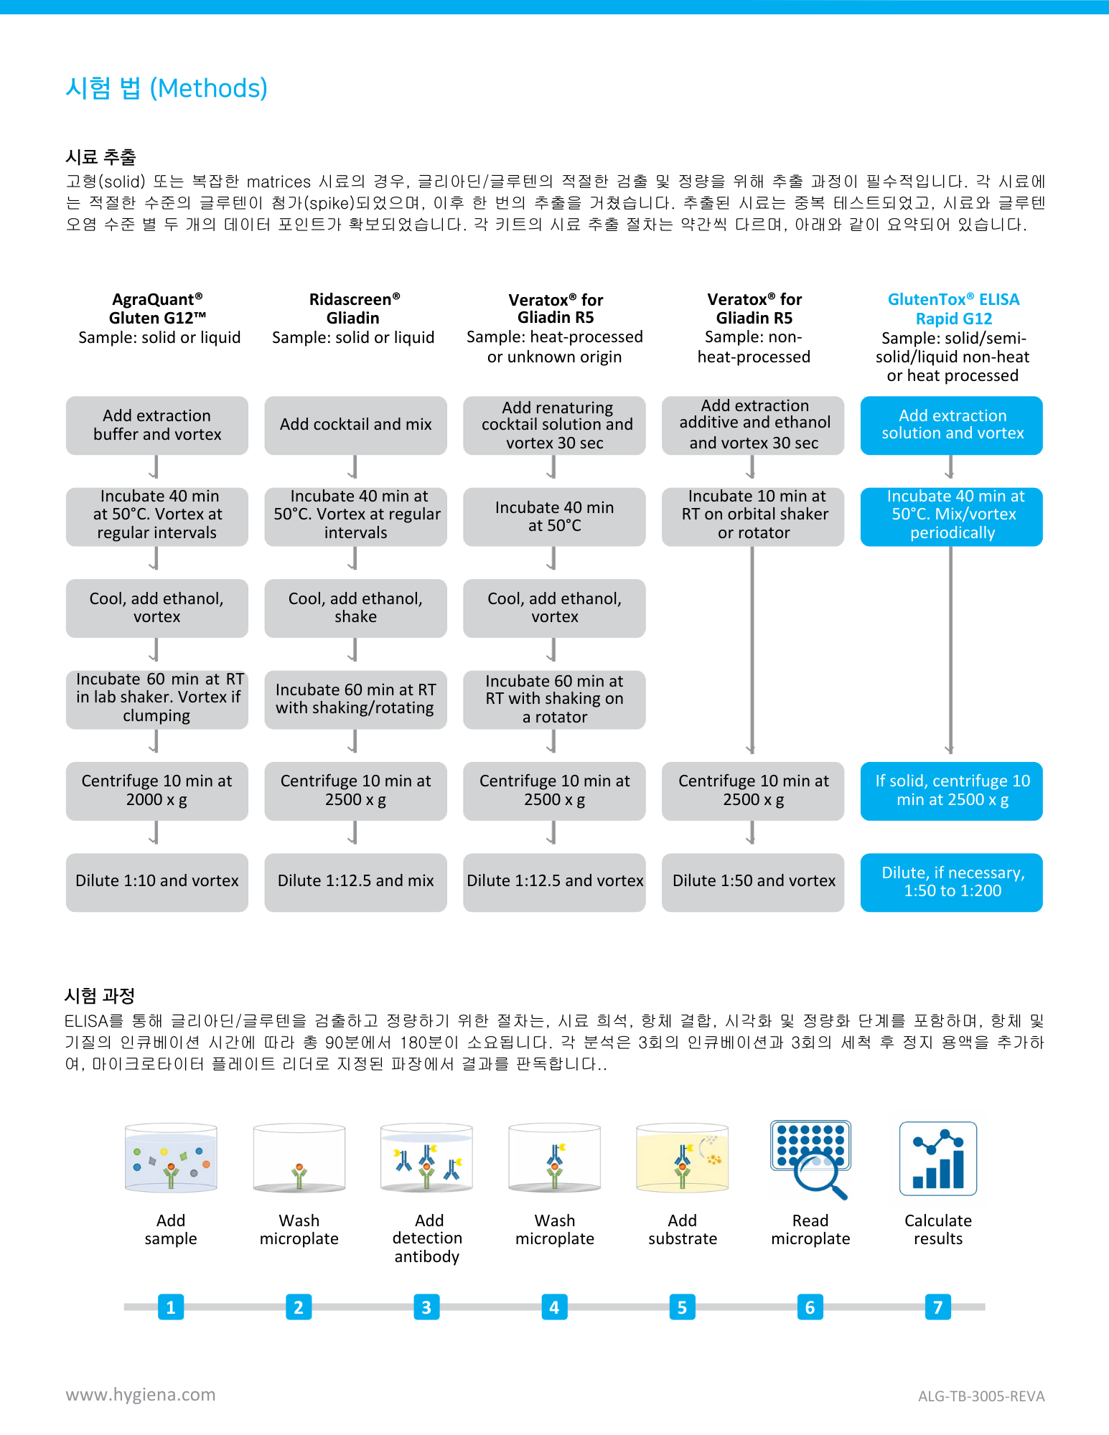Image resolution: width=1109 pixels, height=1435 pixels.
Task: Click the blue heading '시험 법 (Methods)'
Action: (167, 89)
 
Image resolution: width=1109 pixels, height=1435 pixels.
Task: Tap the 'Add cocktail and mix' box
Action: (355, 425)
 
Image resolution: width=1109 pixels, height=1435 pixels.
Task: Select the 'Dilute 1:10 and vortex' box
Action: (156, 882)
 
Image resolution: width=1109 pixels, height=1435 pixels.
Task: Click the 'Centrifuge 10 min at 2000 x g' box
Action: (156, 791)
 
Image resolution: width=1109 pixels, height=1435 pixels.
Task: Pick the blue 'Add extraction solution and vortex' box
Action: (951, 425)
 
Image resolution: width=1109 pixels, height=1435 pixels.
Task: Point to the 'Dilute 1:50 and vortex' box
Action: (753, 882)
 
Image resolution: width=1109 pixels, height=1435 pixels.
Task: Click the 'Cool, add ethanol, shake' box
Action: (355, 608)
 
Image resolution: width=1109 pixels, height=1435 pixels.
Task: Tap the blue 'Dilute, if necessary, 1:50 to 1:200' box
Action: (951, 882)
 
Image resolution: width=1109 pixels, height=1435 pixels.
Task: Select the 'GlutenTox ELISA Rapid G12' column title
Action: (953, 309)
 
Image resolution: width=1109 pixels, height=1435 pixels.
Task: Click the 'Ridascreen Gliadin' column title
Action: (354, 309)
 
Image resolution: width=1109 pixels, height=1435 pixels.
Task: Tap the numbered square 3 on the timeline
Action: (426, 1307)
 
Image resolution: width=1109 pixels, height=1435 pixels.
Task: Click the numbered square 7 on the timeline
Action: (937, 1307)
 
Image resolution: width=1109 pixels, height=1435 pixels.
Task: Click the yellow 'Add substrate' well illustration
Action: (682, 1159)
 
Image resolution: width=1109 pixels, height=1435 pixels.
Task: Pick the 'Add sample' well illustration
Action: (171, 1159)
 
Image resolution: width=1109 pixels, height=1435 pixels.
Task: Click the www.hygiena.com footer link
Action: (141, 1395)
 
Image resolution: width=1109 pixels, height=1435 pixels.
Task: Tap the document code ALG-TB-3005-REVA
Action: (981, 1396)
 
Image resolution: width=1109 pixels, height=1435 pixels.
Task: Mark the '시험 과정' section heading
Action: (100, 996)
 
